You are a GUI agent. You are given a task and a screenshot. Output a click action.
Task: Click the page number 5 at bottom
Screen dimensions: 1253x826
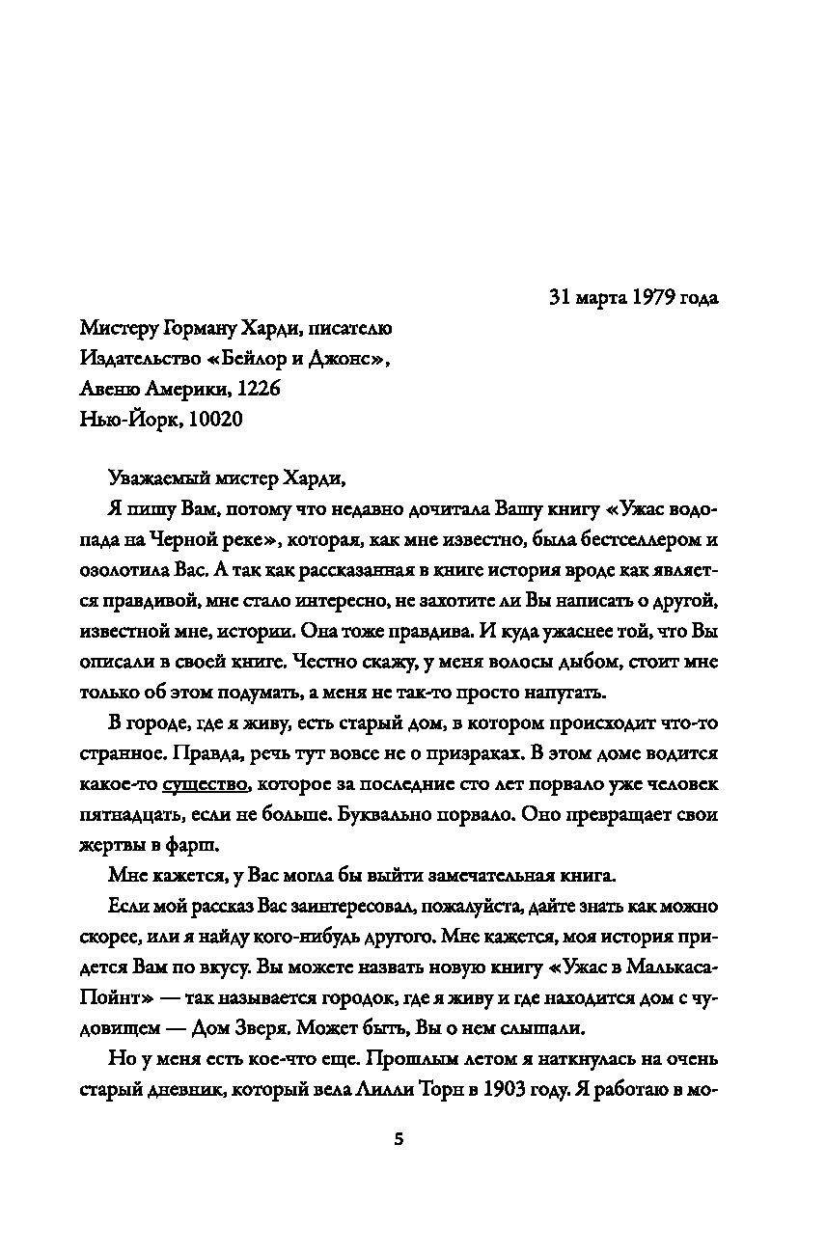pos(399,1139)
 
